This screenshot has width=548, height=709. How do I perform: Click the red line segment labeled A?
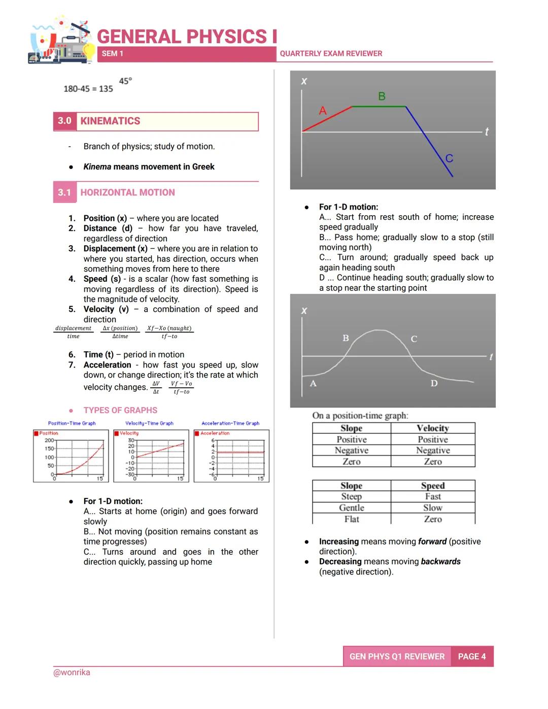coord(327,119)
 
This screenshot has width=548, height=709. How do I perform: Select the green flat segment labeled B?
coord(379,107)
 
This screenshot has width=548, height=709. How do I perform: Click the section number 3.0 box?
coord(64,121)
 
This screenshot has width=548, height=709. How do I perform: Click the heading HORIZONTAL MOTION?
coord(127,192)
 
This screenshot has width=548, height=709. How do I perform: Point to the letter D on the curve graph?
coord(434,383)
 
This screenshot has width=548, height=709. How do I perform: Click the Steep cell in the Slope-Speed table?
coord(351,496)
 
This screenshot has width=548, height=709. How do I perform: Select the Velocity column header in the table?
coord(432,428)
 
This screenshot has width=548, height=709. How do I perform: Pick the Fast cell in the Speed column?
coord(432,496)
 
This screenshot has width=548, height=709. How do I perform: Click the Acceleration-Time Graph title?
coord(230,423)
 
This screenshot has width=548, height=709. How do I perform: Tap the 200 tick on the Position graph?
coord(49,441)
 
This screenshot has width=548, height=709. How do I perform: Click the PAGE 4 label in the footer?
coord(471,656)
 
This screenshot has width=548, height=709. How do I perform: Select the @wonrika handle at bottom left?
coord(72,672)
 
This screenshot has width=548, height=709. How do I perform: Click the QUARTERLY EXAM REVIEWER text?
coord(331,54)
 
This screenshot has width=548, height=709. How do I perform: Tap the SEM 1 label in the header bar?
coord(112,54)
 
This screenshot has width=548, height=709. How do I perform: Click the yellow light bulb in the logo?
coord(89,51)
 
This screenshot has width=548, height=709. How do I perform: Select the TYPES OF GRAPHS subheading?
coord(120,410)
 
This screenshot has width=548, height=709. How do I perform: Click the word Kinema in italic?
coord(97,166)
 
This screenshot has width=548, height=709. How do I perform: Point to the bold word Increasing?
coord(338,542)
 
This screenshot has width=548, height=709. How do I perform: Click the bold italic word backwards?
coord(440,561)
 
